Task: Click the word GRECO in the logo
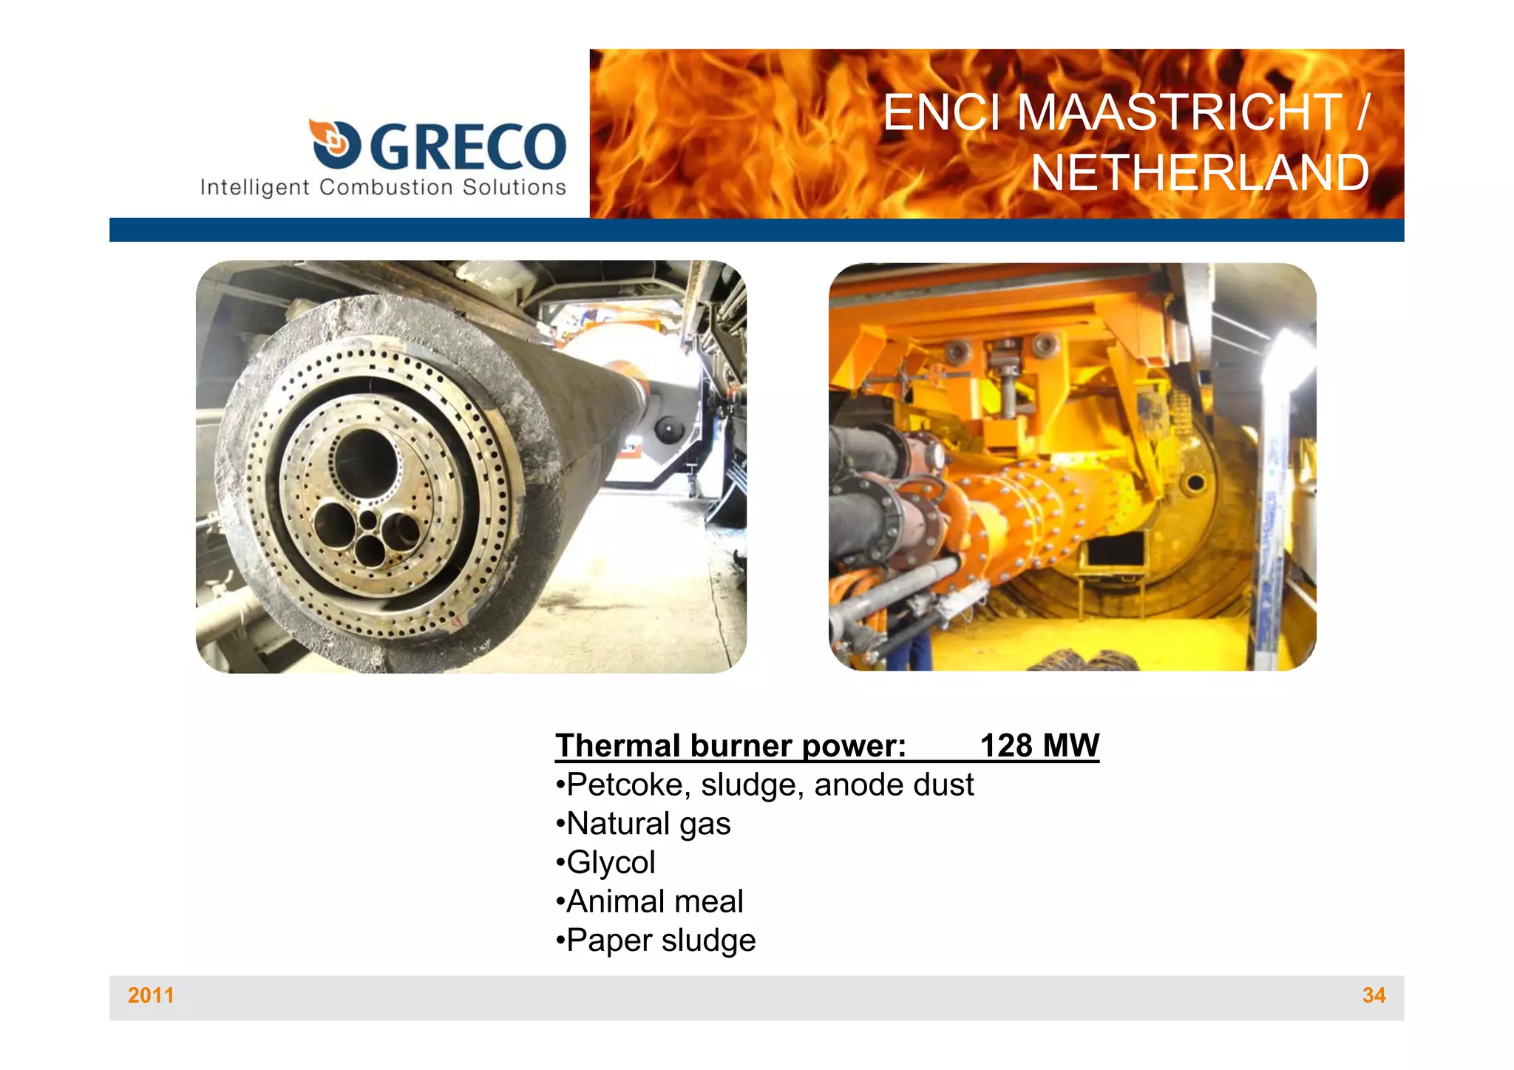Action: (x=467, y=146)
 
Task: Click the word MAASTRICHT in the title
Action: (x=1178, y=113)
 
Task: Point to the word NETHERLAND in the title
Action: (x=1199, y=173)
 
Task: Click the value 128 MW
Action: (x=1039, y=745)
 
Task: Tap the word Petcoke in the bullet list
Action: (x=628, y=785)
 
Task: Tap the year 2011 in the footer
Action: (x=151, y=995)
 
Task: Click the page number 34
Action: (x=1374, y=995)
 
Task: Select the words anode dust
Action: (x=894, y=785)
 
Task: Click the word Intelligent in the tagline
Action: (x=254, y=187)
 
